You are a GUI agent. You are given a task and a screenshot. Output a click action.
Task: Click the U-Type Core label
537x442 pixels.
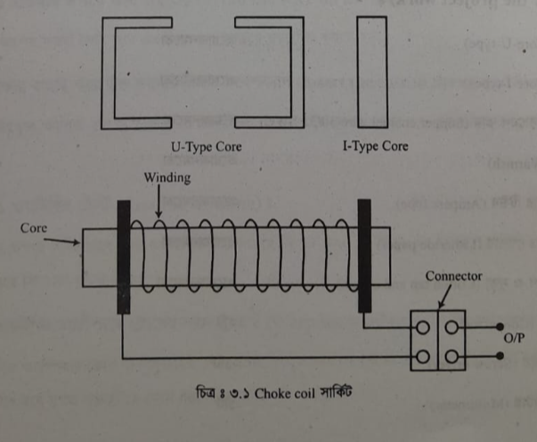[206, 145]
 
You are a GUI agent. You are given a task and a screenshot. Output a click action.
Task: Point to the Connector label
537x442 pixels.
[453, 276]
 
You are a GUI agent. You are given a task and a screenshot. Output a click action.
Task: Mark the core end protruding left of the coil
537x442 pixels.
[97, 259]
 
